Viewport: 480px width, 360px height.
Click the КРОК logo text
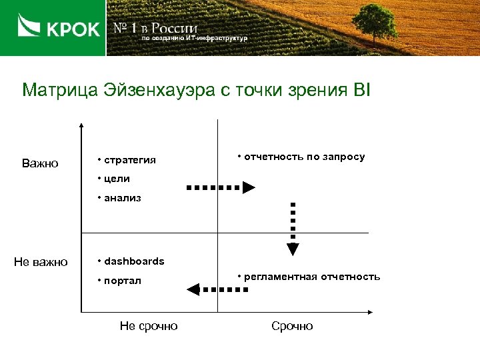pyautogui.click(x=73, y=29)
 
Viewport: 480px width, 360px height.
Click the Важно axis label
pyautogui.click(x=40, y=163)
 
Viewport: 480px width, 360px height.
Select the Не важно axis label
pyautogui.click(x=41, y=262)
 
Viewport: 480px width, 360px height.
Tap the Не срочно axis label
pyautogui.click(x=148, y=326)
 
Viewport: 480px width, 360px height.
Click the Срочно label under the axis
pyautogui.click(x=292, y=326)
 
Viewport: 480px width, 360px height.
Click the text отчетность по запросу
pyautogui.click(x=304, y=157)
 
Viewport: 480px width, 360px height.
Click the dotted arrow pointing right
pyautogui.click(x=221, y=188)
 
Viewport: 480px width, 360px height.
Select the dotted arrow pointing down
pyautogui.click(x=293, y=229)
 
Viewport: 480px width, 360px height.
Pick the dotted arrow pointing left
pyautogui.click(x=217, y=289)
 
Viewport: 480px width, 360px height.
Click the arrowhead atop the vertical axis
pyautogui.click(x=81, y=125)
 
